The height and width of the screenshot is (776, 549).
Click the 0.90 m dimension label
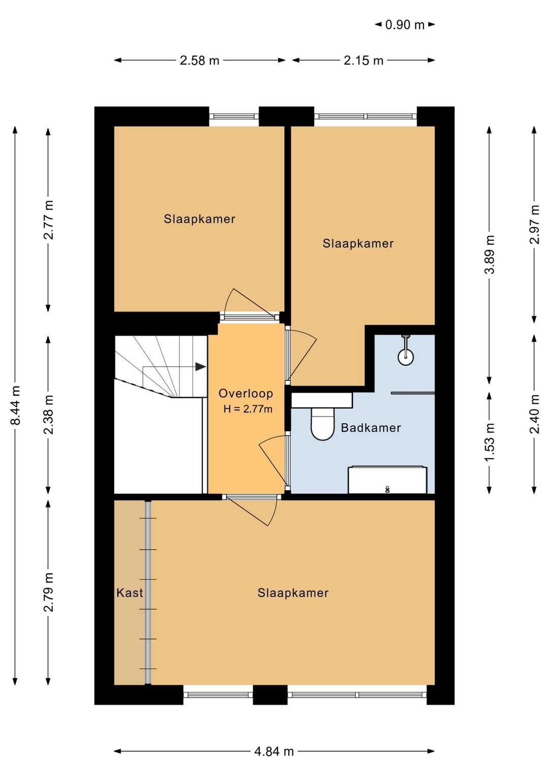[405, 25]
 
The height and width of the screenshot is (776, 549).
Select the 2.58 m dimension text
[199, 61]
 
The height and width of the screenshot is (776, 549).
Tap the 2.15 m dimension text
[363, 61]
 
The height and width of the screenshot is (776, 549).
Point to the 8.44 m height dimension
[16, 405]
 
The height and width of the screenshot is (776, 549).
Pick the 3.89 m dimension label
[490, 254]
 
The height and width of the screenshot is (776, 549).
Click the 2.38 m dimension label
[48, 414]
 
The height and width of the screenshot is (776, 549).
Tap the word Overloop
[246, 394]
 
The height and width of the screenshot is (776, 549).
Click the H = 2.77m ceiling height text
[248, 409]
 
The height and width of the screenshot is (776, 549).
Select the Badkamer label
[371, 428]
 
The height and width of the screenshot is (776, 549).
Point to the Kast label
[130, 593]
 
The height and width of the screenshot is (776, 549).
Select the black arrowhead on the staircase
[200, 367]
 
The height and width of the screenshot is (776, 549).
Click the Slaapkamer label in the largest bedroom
[293, 593]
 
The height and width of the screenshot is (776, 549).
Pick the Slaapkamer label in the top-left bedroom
[199, 219]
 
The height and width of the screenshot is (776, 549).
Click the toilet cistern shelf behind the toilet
[322, 400]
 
